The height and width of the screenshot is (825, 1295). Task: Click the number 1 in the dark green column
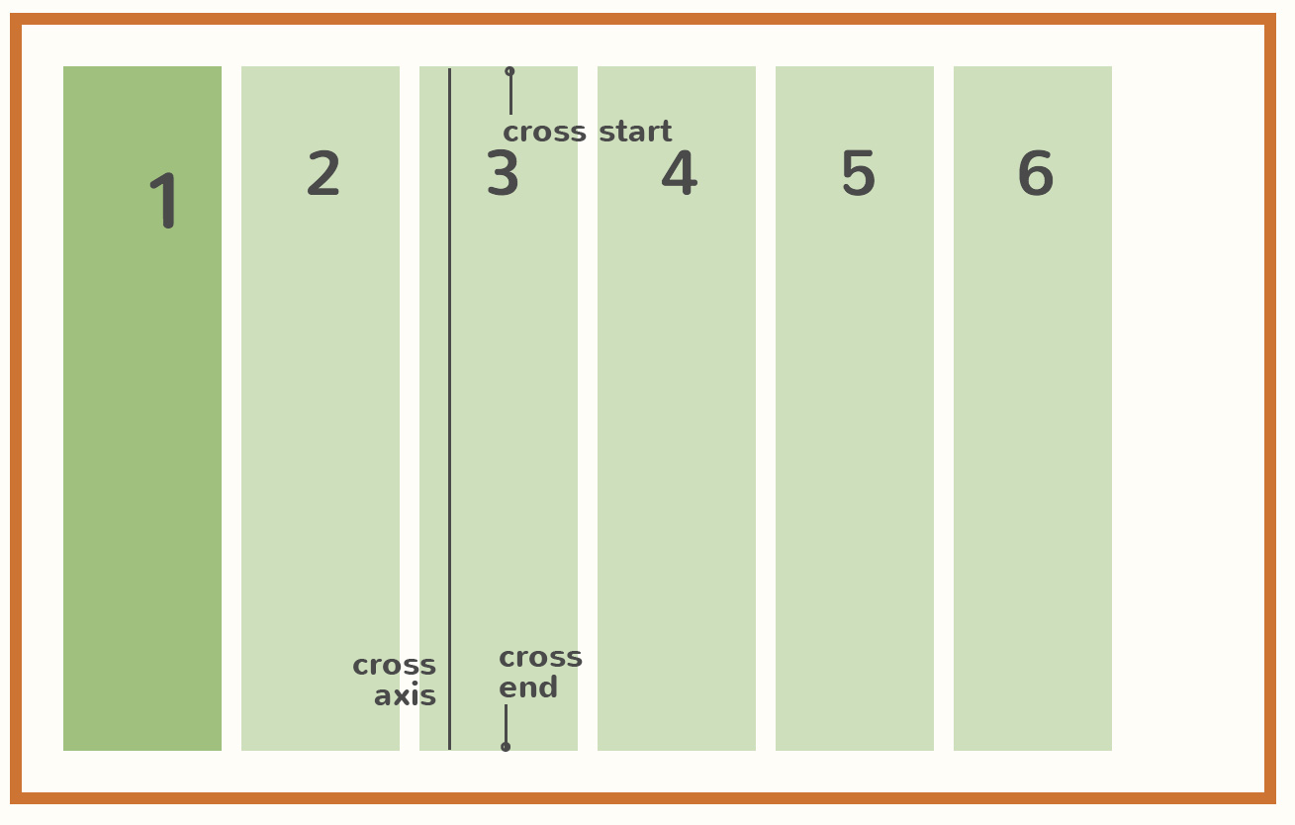click(x=164, y=201)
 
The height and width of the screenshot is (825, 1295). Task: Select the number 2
click(x=324, y=174)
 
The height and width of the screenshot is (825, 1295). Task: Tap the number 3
click(x=503, y=174)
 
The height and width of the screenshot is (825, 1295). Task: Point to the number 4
click(x=680, y=174)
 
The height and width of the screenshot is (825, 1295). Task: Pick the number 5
click(x=858, y=174)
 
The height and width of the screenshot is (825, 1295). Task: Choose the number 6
click(x=1036, y=174)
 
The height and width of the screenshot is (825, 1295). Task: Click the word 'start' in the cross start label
click(x=635, y=132)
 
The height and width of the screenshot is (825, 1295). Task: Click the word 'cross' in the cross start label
click(x=544, y=132)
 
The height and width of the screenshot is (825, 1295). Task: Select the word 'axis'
click(x=405, y=695)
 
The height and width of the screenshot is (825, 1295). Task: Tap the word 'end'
click(x=528, y=687)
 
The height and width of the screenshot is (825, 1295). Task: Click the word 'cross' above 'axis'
click(x=394, y=665)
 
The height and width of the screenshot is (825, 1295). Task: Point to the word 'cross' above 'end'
click(x=540, y=657)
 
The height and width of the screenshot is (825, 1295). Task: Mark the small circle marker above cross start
click(x=509, y=71)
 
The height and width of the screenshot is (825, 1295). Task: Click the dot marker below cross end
click(x=506, y=747)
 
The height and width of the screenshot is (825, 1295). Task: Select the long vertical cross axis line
click(x=449, y=396)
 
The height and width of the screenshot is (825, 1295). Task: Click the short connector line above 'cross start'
click(x=510, y=95)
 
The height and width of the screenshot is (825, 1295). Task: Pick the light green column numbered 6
click(x=1033, y=445)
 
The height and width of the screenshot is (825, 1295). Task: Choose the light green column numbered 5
click(x=855, y=445)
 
